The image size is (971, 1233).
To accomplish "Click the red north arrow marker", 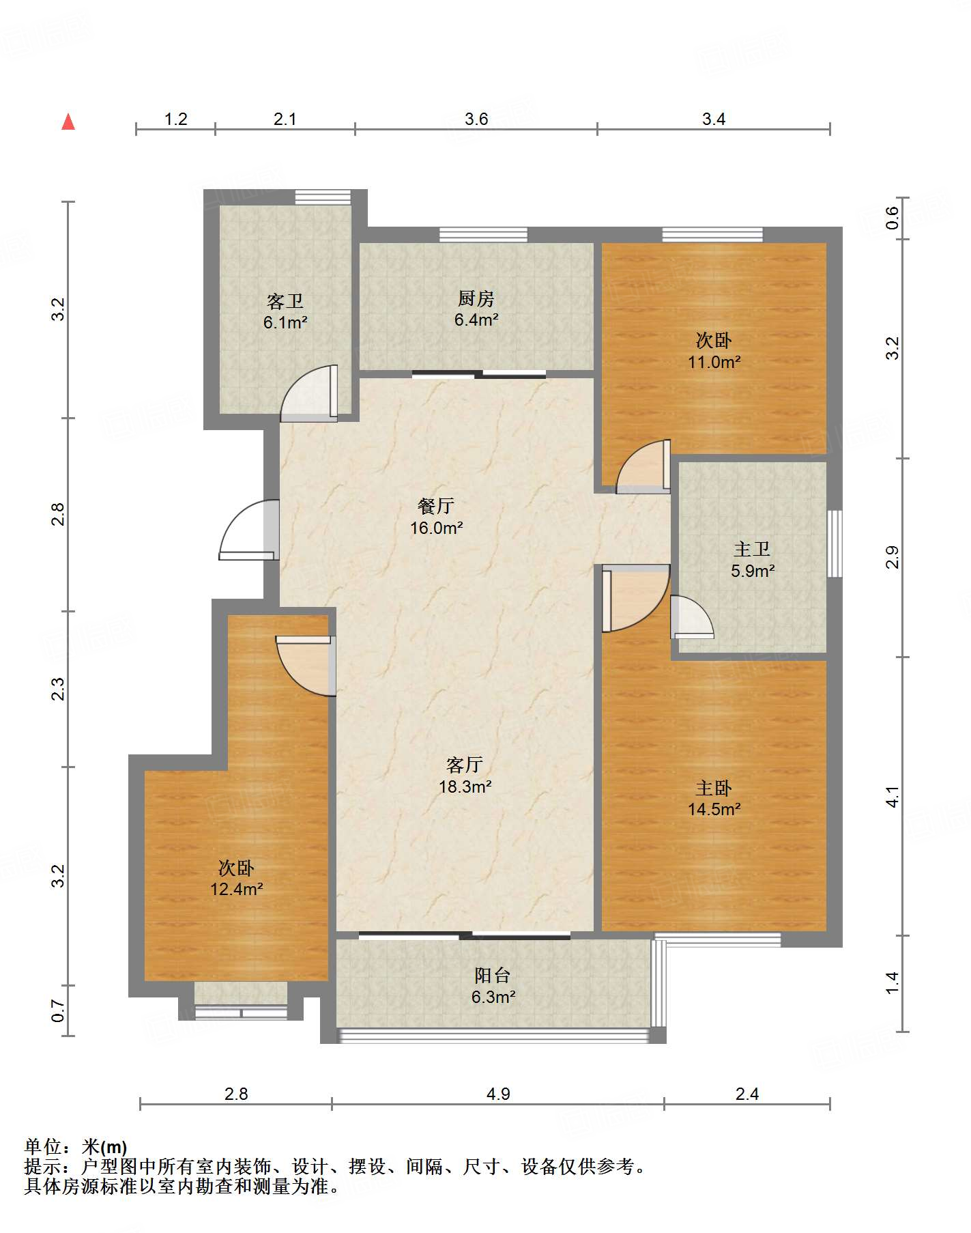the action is coord(68,122).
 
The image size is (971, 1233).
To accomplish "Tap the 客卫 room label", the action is coord(285,301).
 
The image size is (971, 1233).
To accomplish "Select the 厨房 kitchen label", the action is coord(476,298).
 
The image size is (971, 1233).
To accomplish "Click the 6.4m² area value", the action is coord(476,320).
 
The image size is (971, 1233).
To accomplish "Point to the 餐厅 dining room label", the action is coord(436,506).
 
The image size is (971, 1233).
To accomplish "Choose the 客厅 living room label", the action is coord(465,765).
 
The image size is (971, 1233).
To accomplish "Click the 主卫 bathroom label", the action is coord(752,549).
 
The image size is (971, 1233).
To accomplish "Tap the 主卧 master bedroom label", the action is coord(714,788).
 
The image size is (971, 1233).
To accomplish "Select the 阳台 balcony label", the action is coord(493,976).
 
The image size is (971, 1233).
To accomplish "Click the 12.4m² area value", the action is coord(237,889).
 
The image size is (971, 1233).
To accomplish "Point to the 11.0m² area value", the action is coord(714,362).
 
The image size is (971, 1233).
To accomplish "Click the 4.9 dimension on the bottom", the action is coord(498,1094).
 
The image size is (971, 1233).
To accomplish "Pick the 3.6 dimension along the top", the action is coord(476,119).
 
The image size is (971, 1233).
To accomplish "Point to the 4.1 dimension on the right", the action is coord(893,797).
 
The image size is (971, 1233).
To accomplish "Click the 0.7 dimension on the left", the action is coord(59,1010).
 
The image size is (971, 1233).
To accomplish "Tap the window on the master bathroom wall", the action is coord(835,543).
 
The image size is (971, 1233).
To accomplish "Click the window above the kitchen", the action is coord(483,235).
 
